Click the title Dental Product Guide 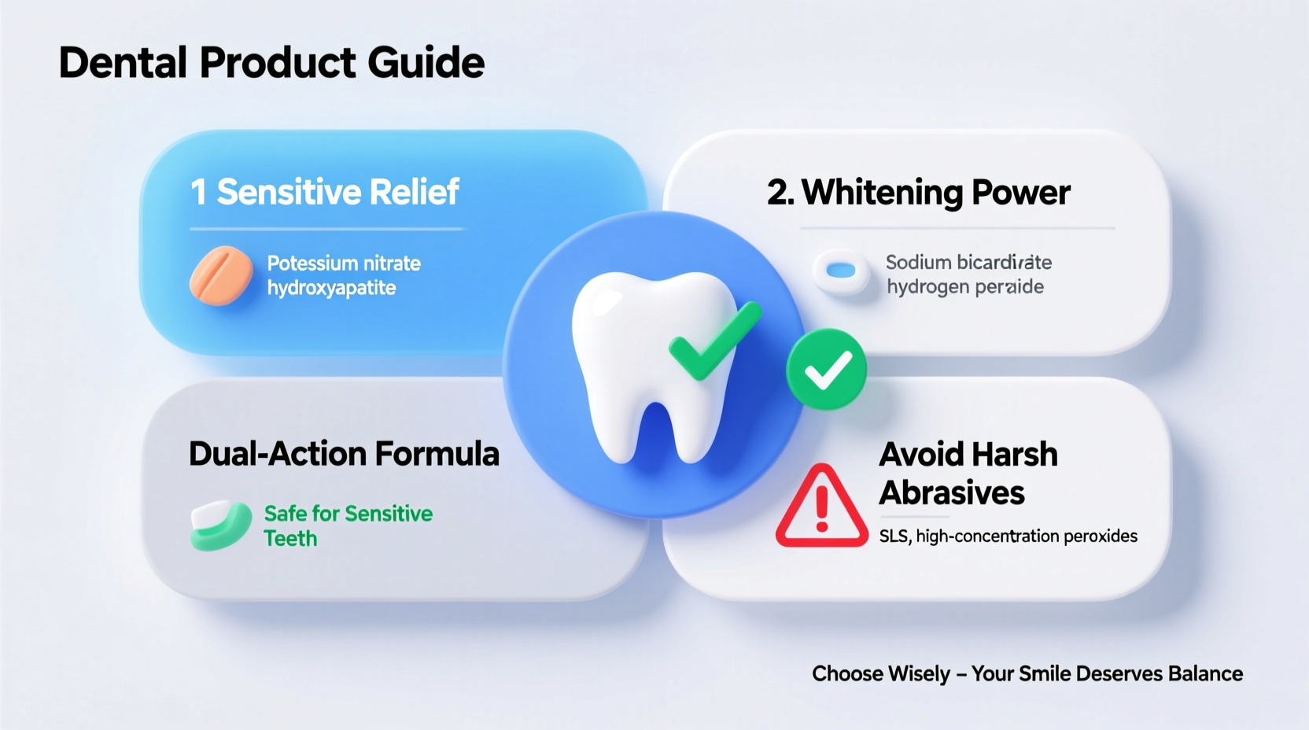coord(271,63)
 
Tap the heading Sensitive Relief coord(337,192)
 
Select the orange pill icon coord(221,275)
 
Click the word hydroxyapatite coord(331,288)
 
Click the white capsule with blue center coord(841,271)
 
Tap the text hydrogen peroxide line coord(965,287)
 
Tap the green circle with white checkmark coord(827,369)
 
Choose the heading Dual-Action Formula coord(344,454)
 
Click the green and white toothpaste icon coord(220,525)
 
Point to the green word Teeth coord(290,539)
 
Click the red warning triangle coord(821,507)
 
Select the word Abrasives coord(952,493)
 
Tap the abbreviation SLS coord(894,536)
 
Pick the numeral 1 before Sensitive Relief coord(198,193)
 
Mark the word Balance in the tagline coord(1205,674)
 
